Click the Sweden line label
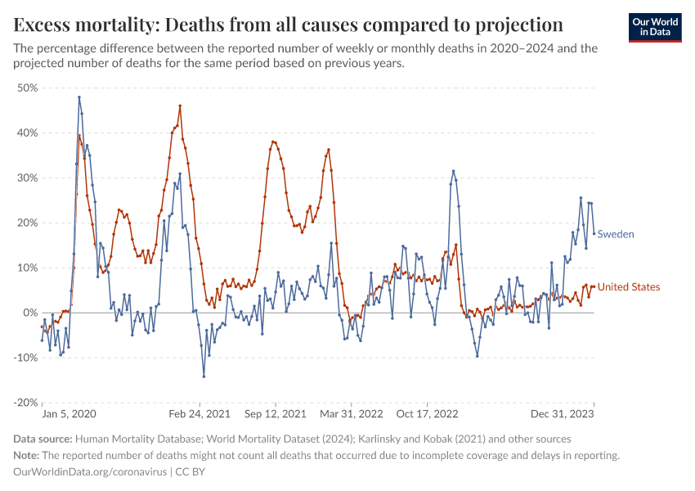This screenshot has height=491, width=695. (x=616, y=234)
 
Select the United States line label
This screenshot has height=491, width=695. (x=629, y=287)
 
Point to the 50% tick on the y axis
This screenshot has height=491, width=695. (x=27, y=88)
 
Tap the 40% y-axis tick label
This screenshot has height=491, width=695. (x=27, y=133)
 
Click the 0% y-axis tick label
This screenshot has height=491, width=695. (x=30, y=313)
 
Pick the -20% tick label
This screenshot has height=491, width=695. (x=25, y=403)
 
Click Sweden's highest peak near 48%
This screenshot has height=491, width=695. (x=79, y=97)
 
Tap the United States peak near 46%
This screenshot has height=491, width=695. (x=180, y=106)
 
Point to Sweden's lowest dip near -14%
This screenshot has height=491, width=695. (x=204, y=376)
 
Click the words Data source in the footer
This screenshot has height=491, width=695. (x=43, y=439)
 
